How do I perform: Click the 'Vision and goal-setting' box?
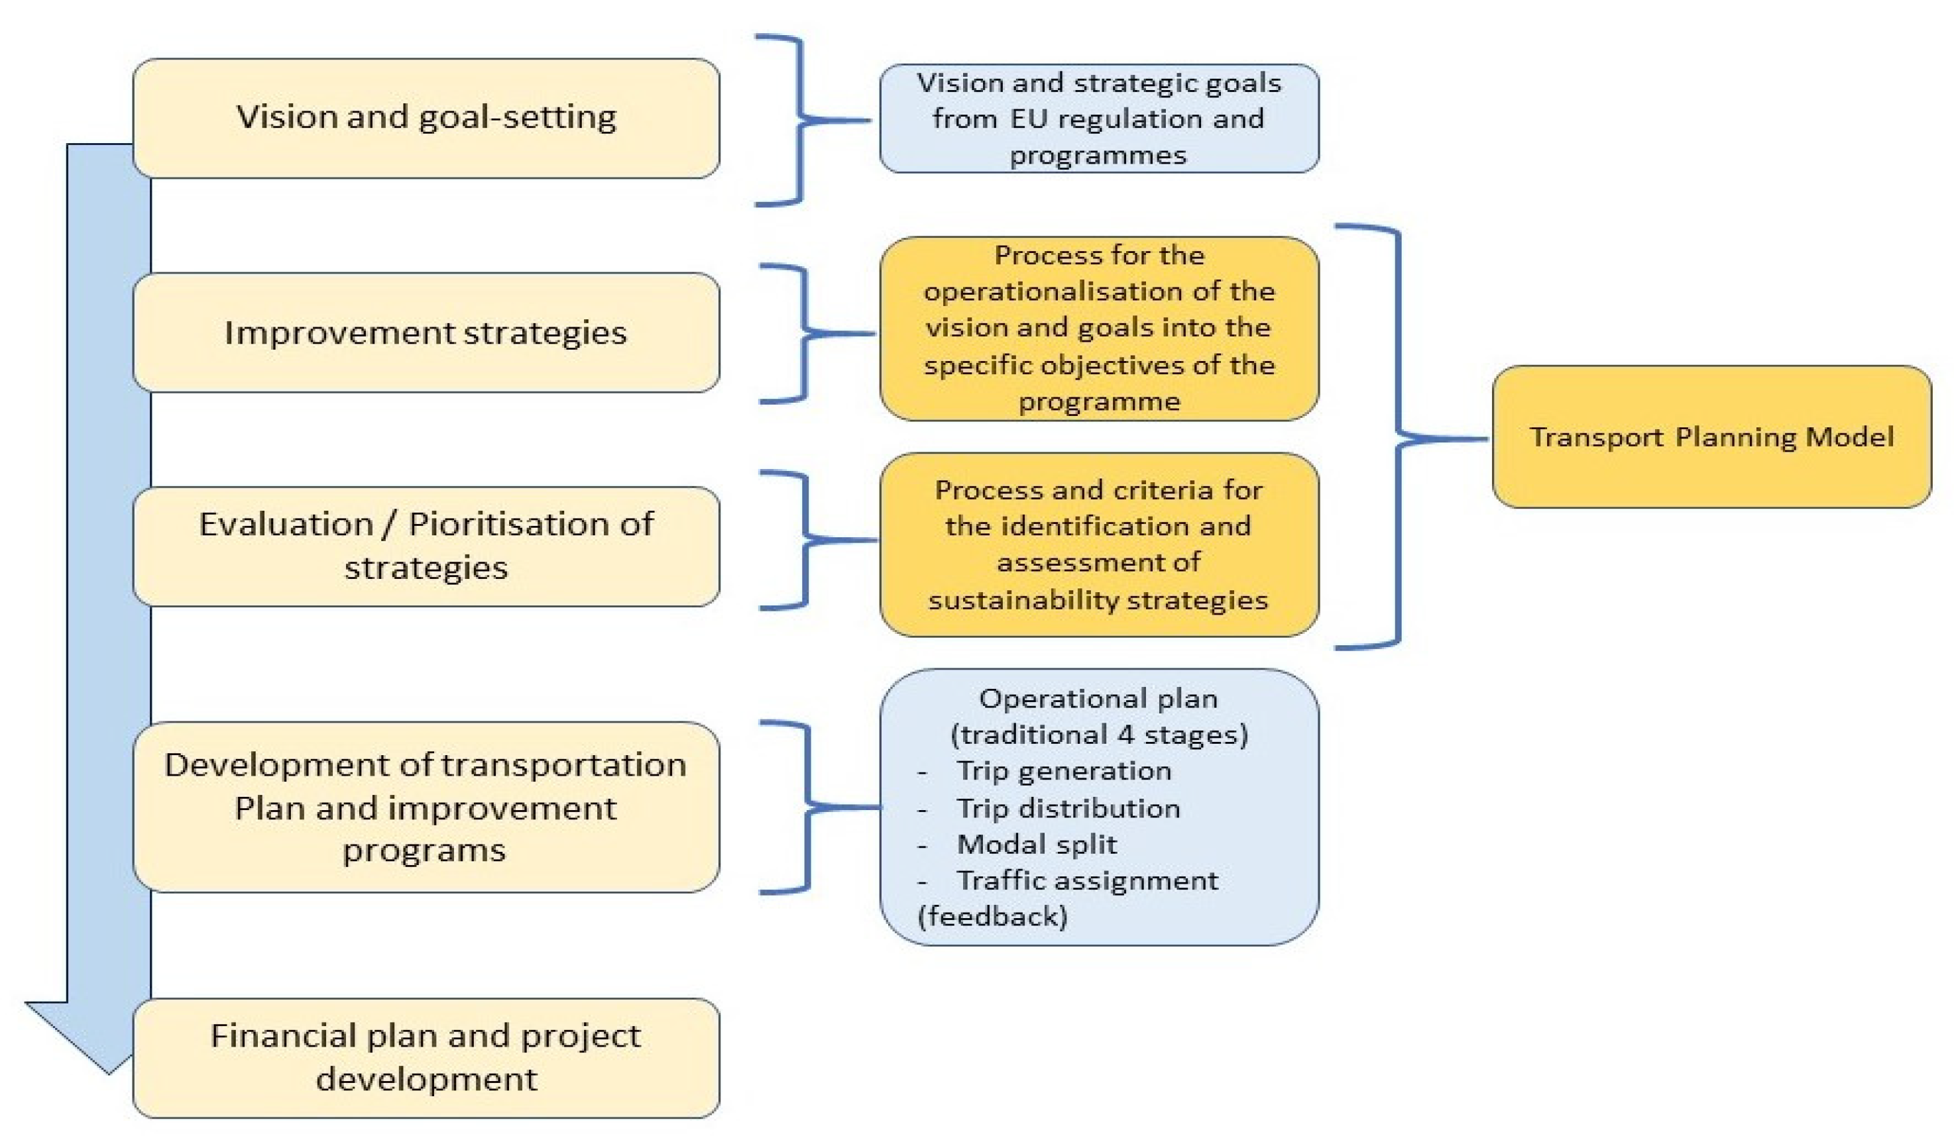pos(426,118)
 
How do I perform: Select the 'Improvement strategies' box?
pos(426,333)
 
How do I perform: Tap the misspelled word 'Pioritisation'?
pos(512,525)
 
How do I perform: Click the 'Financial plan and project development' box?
pos(426,1057)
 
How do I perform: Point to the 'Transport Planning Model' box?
pos(1711,437)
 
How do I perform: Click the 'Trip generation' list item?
pos(1064,771)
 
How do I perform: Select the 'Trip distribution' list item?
pos(1068,808)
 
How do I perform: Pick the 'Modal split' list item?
pos(1037,844)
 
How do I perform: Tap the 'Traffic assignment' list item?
pos(1087,880)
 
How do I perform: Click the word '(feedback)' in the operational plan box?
pos(992,917)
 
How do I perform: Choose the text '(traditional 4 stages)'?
pos(1099,734)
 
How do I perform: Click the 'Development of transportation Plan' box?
pos(426,807)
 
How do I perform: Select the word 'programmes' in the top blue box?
pos(1098,155)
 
